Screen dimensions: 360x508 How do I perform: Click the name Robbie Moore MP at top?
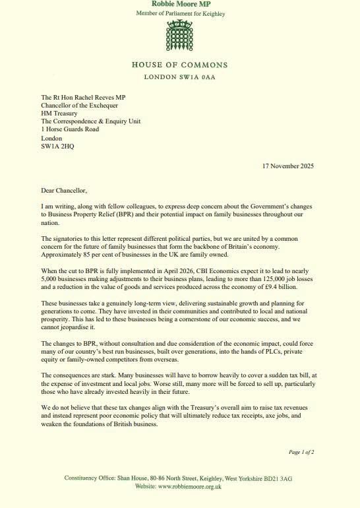pos(179,4)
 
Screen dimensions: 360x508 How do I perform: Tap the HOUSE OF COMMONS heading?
pos(179,65)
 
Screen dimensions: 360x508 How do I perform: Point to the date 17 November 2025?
pos(287,166)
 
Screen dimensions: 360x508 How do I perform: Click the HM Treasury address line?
pos(59,113)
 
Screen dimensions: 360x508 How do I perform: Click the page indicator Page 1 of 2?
pos(301,452)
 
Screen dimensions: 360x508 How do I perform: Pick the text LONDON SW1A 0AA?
pos(179,77)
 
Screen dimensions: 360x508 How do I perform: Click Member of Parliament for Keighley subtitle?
pos(179,13)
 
